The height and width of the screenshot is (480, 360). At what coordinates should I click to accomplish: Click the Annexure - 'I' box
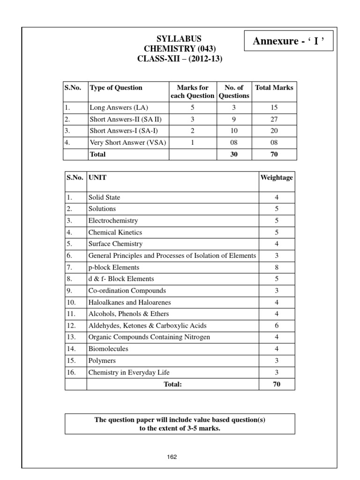coord(289,42)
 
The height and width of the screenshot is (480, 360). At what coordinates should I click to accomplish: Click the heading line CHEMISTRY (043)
coord(180,49)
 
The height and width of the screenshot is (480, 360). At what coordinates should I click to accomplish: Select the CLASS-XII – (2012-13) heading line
coord(180,60)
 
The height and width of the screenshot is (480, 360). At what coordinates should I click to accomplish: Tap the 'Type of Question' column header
coord(116,88)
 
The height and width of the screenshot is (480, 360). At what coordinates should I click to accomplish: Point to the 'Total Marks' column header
coord(274,88)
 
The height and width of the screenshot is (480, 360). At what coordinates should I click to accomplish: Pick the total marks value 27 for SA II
coord(274,119)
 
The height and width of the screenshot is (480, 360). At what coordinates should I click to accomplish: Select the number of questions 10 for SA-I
coord(234,131)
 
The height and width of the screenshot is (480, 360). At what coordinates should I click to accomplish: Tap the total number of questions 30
coord(234,154)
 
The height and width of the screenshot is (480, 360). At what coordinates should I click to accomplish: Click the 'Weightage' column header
coord(277,178)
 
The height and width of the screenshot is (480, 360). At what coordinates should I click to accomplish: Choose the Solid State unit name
coord(104,197)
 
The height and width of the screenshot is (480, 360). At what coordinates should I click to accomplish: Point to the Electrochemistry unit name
coord(113,220)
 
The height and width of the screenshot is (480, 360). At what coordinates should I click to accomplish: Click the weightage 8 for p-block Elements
coord(277,267)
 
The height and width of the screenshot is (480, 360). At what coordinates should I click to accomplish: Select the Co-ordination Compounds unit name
coord(127,291)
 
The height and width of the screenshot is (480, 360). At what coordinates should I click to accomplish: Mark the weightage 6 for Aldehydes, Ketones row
coord(277,326)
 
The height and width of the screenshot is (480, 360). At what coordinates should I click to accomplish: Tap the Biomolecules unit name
coord(108,349)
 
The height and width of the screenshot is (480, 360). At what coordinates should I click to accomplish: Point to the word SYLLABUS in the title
coord(180,39)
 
